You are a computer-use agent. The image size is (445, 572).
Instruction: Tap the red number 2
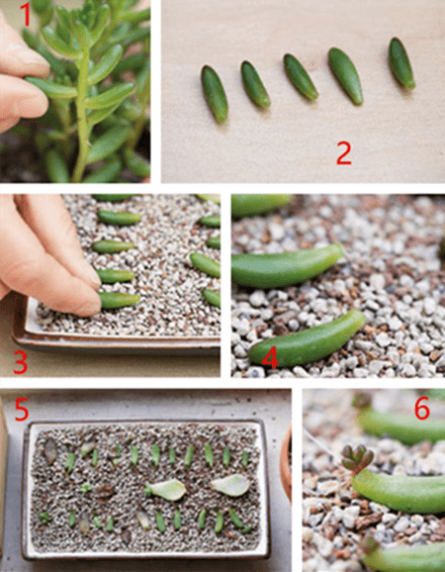[344, 153]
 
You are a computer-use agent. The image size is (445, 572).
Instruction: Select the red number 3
[21, 361]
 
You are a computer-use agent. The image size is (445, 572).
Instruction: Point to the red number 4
[270, 356]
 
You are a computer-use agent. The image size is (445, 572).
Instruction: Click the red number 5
[21, 409]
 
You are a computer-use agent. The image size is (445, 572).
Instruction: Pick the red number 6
[422, 410]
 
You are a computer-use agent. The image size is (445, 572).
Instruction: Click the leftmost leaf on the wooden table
[215, 93]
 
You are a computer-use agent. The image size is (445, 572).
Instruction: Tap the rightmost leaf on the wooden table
[401, 63]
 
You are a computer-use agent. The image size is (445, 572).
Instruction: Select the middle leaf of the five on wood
[301, 77]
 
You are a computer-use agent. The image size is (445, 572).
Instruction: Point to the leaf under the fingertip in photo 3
[120, 300]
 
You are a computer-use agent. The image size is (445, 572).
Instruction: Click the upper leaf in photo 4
[287, 265]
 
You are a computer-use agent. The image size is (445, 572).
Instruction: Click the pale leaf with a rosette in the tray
[165, 490]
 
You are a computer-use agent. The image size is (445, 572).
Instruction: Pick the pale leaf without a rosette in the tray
[230, 486]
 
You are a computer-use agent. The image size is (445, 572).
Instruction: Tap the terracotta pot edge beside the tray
[287, 463]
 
